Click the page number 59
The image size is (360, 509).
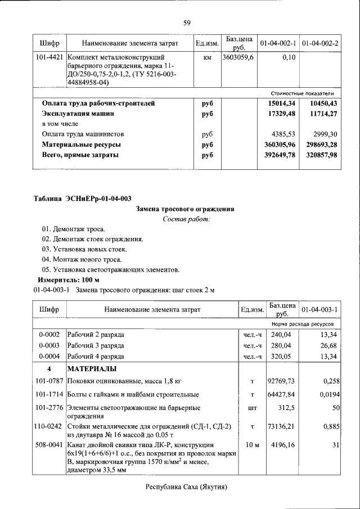point(187,23)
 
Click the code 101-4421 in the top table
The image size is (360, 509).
point(49,57)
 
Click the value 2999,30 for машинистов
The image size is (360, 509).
point(322,134)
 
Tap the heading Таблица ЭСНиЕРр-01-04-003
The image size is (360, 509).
point(83,198)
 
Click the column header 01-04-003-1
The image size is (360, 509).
point(319,310)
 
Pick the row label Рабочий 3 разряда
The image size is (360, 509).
point(96,345)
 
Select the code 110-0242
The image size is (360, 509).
point(49,426)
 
